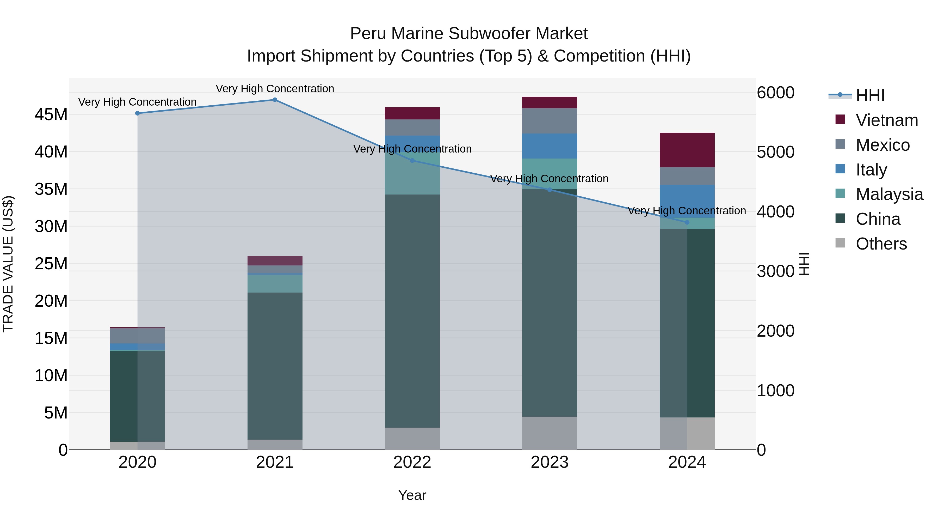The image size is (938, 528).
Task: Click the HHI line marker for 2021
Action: [275, 100]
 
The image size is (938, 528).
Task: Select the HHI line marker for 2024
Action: [687, 222]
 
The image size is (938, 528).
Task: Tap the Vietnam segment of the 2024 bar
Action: [687, 150]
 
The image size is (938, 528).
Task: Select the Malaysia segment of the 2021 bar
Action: [275, 283]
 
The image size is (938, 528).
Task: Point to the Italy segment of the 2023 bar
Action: [550, 146]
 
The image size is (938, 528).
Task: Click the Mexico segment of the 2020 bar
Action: [137, 336]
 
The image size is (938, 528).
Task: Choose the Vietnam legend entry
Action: [886, 120]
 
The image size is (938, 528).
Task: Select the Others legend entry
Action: [881, 244]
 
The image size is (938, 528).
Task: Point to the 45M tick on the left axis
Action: [51, 115]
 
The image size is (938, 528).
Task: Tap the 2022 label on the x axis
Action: [412, 462]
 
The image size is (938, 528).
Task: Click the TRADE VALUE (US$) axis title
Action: [8, 264]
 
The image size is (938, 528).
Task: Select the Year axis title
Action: [412, 495]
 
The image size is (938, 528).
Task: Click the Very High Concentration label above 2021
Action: [275, 89]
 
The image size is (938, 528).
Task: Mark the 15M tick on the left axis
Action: [51, 338]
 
